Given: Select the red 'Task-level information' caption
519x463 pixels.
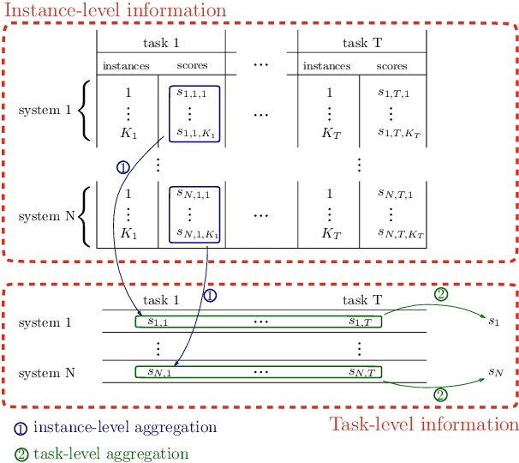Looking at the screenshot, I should point(424,424).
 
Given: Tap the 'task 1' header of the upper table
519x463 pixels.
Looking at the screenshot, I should point(160,42).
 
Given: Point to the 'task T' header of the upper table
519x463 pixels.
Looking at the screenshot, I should point(361,42).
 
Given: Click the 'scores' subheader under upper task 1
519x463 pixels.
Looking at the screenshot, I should point(192,65).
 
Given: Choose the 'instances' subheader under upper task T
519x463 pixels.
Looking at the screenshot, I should point(327,65).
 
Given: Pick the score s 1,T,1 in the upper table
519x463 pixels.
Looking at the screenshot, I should point(392,93).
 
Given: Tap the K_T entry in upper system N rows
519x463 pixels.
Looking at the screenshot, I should point(329,232).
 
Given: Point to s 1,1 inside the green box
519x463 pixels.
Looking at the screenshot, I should point(158,322).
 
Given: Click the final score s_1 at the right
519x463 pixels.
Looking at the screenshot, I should point(492,322).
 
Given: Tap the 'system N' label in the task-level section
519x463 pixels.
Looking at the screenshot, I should point(46,373).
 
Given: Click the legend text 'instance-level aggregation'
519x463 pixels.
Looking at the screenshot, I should point(124,427).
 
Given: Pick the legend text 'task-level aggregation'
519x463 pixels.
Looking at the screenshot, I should point(110,454).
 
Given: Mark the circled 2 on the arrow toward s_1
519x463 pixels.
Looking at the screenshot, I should point(440,293).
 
